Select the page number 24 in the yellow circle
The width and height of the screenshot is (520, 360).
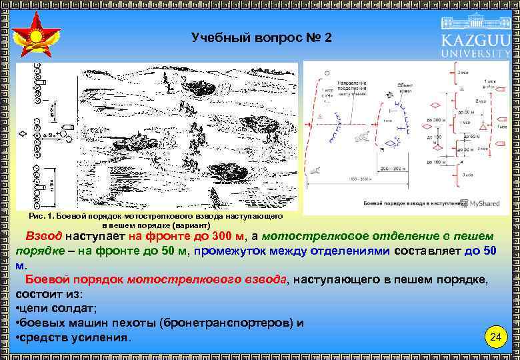tap(495, 337)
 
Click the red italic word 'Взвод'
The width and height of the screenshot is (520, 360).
tap(44, 237)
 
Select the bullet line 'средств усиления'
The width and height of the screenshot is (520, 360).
tap(73, 337)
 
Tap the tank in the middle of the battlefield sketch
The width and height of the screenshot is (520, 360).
tap(140, 142)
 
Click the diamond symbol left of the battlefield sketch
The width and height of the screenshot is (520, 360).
tap(24, 135)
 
